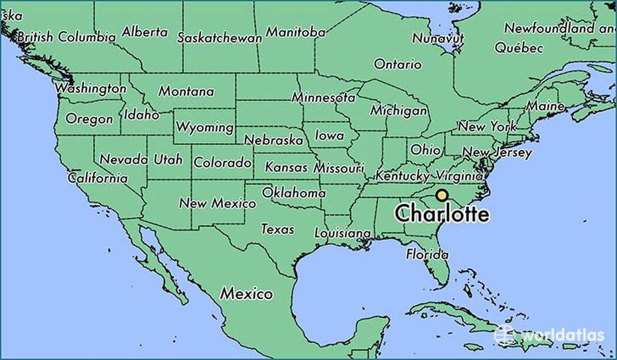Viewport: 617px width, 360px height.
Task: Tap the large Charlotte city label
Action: tap(442, 214)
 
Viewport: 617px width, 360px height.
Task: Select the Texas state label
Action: tap(277, 229)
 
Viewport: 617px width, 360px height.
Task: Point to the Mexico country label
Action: tap(247, 292)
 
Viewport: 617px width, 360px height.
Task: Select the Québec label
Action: tap(519, 48)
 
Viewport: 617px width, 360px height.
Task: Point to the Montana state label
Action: tap(186, 91)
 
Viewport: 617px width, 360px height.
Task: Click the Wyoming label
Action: tap(204, 127)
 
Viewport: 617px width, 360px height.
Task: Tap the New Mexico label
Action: tap(217, 203)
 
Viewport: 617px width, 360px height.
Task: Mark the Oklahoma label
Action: tap(294, 193)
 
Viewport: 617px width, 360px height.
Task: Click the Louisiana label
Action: tap(342, 233)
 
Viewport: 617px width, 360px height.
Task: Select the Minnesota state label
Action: tap(323, 97)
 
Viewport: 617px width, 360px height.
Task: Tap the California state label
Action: tap(98, 178)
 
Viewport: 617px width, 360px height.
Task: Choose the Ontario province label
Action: tap(397, 64)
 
